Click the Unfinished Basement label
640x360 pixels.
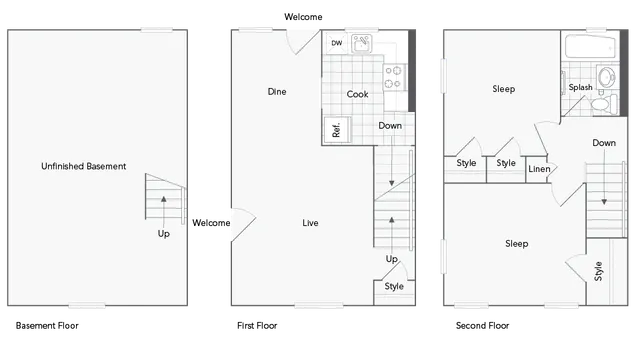pos(83,166)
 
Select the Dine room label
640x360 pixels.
pos(277,92)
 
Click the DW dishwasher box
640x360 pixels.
pos(336,43)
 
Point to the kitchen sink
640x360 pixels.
pos(360,44)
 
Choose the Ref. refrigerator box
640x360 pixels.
pos(337,129)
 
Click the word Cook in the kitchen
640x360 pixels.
pos(357,94)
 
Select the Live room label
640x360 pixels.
pos(310,222)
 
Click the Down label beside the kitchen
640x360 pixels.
pos(390,126)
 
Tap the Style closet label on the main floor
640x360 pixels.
pos(394,286)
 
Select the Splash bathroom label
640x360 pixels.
pos(580,88)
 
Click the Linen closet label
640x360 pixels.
pos(538,168)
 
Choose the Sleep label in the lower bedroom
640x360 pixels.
pos(516,243)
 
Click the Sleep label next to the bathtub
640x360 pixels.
pos(503,89)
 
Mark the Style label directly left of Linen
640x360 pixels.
pos(506,163)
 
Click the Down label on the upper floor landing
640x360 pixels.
pos(603,143)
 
